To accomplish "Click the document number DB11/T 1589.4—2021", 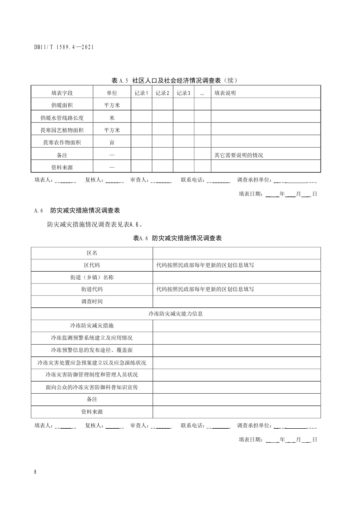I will pyautogui.click(x=64, y=47).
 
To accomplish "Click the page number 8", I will pyautogui.click(x=35, y=472).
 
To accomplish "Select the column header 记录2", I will pyautogui.click(x=162, y=93).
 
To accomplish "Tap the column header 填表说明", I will pyautogui.click(x=225, y=93).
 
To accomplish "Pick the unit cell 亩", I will pyautogui.click(x=112, y=143).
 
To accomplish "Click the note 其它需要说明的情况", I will pyautogui.click(x=239, y=155).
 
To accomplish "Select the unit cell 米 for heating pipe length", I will pyautogui.click(x=112, y=118).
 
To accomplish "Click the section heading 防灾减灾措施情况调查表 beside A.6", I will pyautogui.click(x=85, y=211).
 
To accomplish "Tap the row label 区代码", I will pyautogui.click(x=92, y=265).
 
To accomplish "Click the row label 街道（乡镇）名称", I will pyautogui.click(x=92, y=277).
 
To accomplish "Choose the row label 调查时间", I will pyautogui.click(x=92, y=302).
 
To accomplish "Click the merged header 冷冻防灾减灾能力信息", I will pyautogui.click(x=176, y=314).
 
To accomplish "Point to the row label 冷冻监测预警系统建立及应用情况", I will pyautogui.click(x=92, y=338).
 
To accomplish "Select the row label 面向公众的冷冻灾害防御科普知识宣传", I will pyautogui.click(x=92, y=387).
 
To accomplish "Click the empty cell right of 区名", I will pyautogui.click(x=237, y=253).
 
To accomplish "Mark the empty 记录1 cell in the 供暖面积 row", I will pyautogui.click(x=141, y=105).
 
